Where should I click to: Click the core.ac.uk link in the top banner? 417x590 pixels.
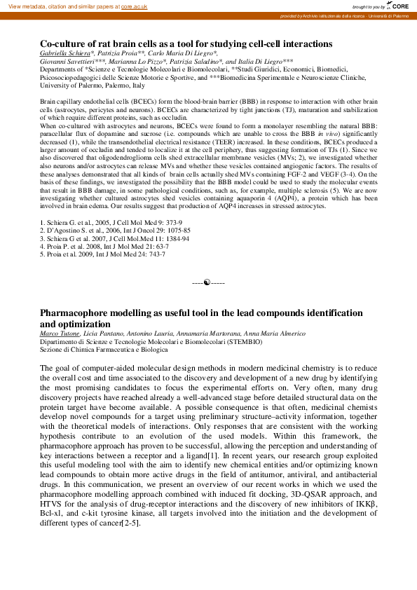click(134, 6)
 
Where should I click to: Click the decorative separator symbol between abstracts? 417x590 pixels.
click(208, 282)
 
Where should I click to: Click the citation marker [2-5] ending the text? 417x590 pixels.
click(130, 522)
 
